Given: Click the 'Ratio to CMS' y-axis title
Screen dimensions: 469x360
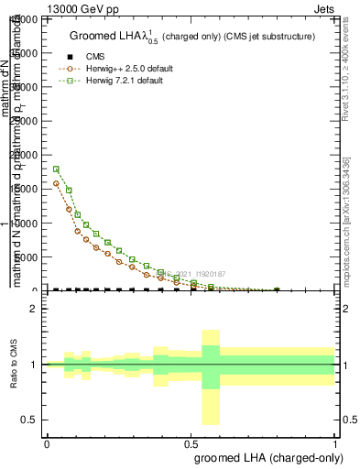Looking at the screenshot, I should tap(15, 365).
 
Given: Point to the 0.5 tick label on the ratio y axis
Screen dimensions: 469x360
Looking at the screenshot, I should tap(28, 420).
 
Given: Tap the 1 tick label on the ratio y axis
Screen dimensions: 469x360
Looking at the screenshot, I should tap(33, 365).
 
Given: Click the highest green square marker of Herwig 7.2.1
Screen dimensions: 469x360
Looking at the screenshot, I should tap(57, 169).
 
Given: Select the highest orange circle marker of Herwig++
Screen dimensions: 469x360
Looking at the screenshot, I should tap(57, 183).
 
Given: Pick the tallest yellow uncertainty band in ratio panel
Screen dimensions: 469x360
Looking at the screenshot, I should tap(211, 376).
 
